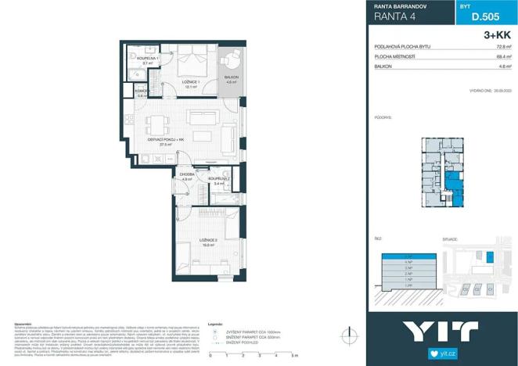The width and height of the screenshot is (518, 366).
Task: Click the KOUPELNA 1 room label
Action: tap(148, 58)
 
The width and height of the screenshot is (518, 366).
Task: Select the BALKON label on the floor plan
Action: tap(232, 78)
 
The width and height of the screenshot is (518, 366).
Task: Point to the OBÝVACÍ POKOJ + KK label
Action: tap(166, 141)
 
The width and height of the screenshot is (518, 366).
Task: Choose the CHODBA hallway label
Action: tap(186, 176)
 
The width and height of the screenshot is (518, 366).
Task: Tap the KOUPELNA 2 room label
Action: tap(219, 181)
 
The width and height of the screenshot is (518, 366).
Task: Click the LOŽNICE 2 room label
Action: tap(209, 241)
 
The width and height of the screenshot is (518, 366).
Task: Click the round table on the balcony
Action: tap(232, 61)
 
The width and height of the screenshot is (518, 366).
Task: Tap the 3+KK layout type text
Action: tap(496, 36)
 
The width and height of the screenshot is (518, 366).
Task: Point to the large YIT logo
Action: tap(441, 332)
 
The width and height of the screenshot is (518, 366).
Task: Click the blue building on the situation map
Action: tap(491, 257)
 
